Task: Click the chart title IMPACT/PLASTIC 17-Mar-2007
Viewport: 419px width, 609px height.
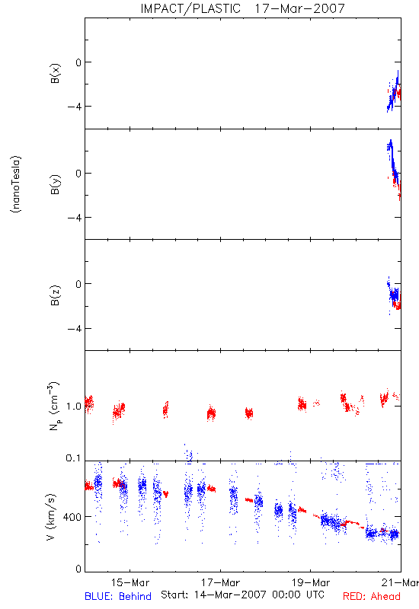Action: (242, 8)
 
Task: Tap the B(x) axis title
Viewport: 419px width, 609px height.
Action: (55, 73)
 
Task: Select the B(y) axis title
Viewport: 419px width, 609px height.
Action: (55, 184)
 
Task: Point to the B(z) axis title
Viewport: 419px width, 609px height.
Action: (55, 295)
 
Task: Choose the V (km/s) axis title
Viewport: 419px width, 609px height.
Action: (51, 518)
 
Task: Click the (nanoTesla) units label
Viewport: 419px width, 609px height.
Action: (16, 184)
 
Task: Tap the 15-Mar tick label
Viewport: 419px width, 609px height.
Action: (130, 582)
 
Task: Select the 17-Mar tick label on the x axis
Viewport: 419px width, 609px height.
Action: (220, 582)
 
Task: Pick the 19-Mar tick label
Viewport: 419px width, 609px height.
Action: (311, 582)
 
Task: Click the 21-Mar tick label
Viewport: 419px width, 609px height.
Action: (400, 582)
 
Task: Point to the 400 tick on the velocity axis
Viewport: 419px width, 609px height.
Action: (72, 518)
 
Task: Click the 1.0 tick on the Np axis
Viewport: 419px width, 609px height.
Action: (74, 407)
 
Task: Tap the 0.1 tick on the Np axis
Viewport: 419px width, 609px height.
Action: (74, 458)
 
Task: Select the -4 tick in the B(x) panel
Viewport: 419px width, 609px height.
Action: (75, 107)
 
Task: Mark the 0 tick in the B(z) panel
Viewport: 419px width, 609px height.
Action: (78, 284)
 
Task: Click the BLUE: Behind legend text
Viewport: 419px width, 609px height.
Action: (118, 596)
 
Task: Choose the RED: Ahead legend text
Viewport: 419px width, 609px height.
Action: (372, 596)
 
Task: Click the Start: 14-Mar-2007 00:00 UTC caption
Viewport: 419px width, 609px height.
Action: (242, 595)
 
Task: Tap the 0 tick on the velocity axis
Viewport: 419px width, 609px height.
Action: (78, 569)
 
